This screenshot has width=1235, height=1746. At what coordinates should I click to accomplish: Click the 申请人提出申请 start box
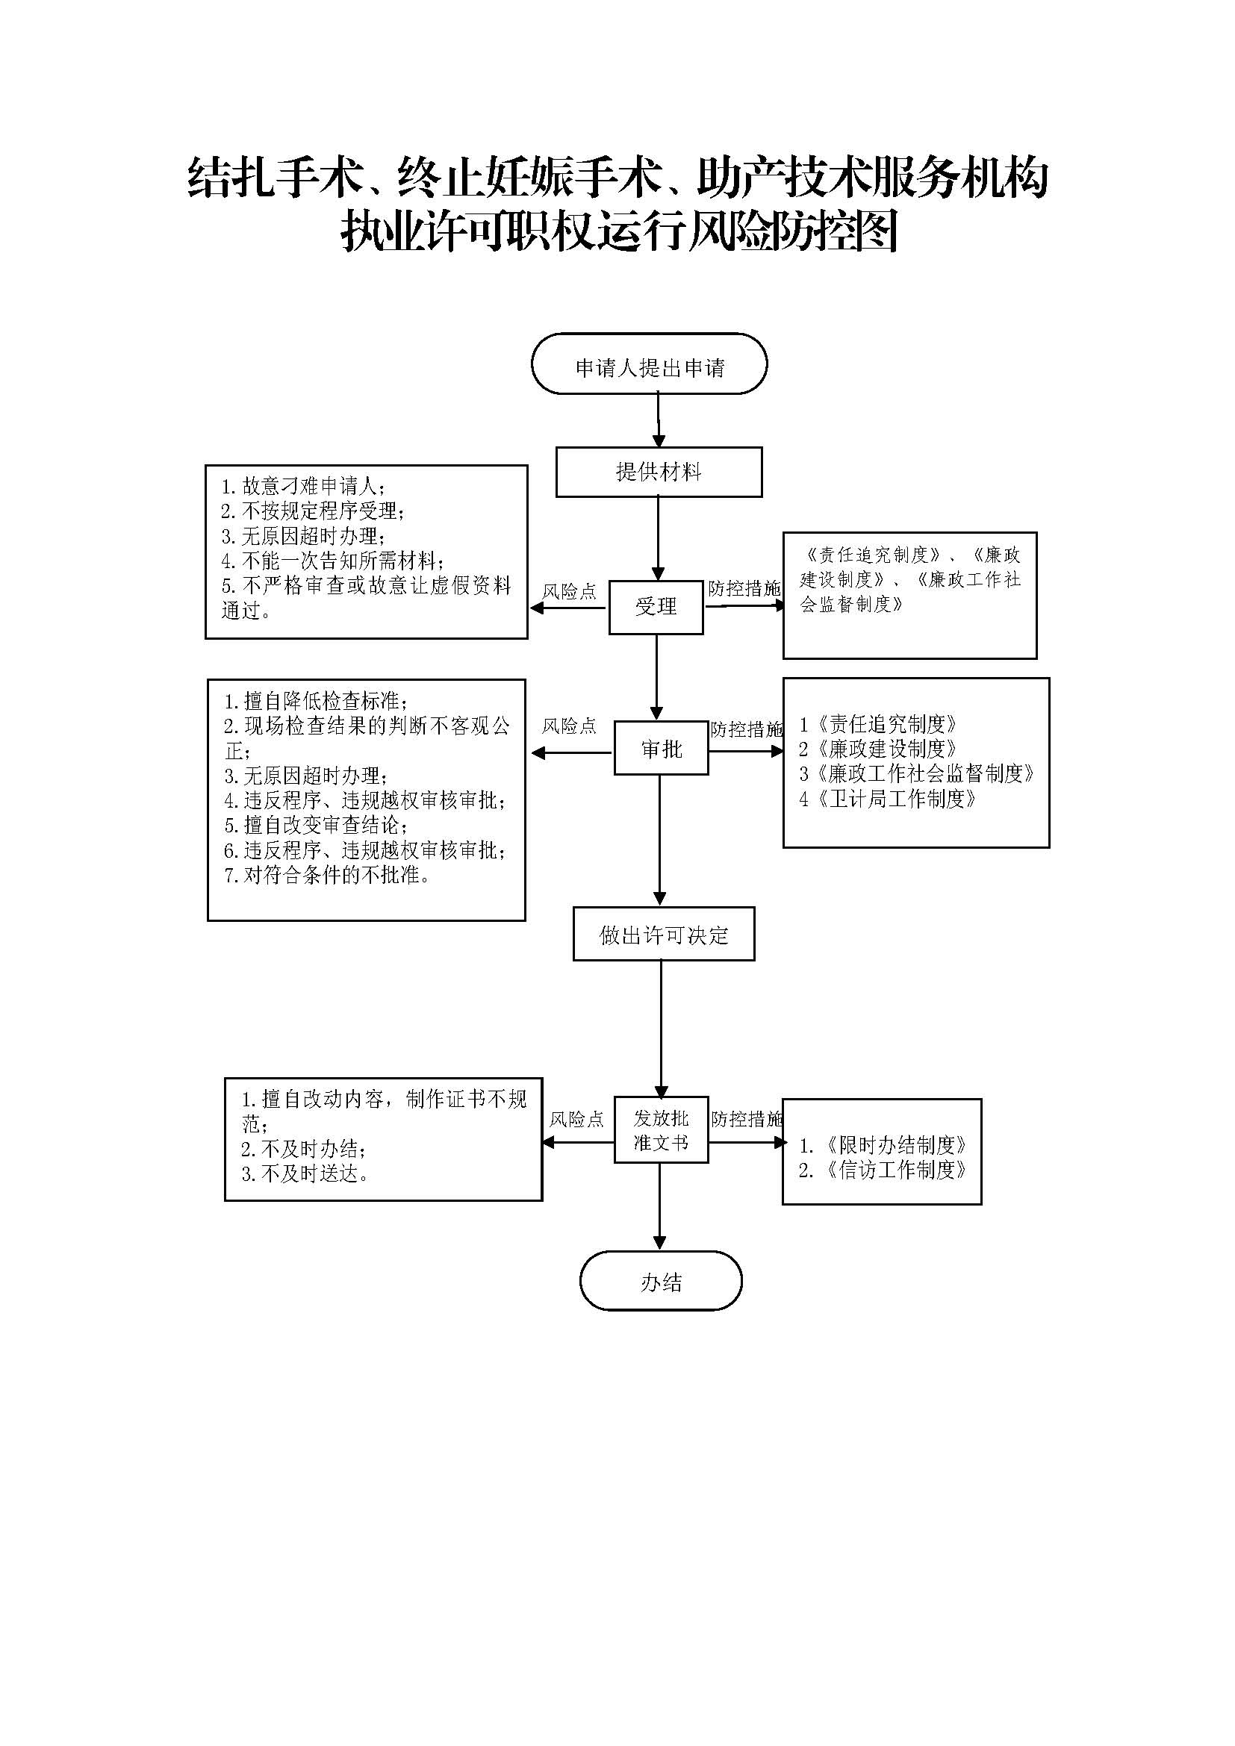(649, 364)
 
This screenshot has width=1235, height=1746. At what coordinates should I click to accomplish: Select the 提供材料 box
(659, 473)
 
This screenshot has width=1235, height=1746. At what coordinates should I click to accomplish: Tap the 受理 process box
(656, 607)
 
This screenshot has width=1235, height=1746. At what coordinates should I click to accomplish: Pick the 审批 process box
(661, 749)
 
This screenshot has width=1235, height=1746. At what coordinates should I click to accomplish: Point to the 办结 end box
(660, 1282)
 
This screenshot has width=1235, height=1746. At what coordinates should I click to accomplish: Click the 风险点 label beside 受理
(570, 592)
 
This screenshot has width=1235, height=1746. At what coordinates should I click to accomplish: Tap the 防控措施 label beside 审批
(746, 730)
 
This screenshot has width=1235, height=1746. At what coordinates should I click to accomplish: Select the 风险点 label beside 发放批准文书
(576, 1119)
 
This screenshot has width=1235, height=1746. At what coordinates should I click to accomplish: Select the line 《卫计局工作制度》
(888, 799)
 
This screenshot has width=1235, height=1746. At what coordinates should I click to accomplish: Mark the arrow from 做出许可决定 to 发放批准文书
(661, 1026)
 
